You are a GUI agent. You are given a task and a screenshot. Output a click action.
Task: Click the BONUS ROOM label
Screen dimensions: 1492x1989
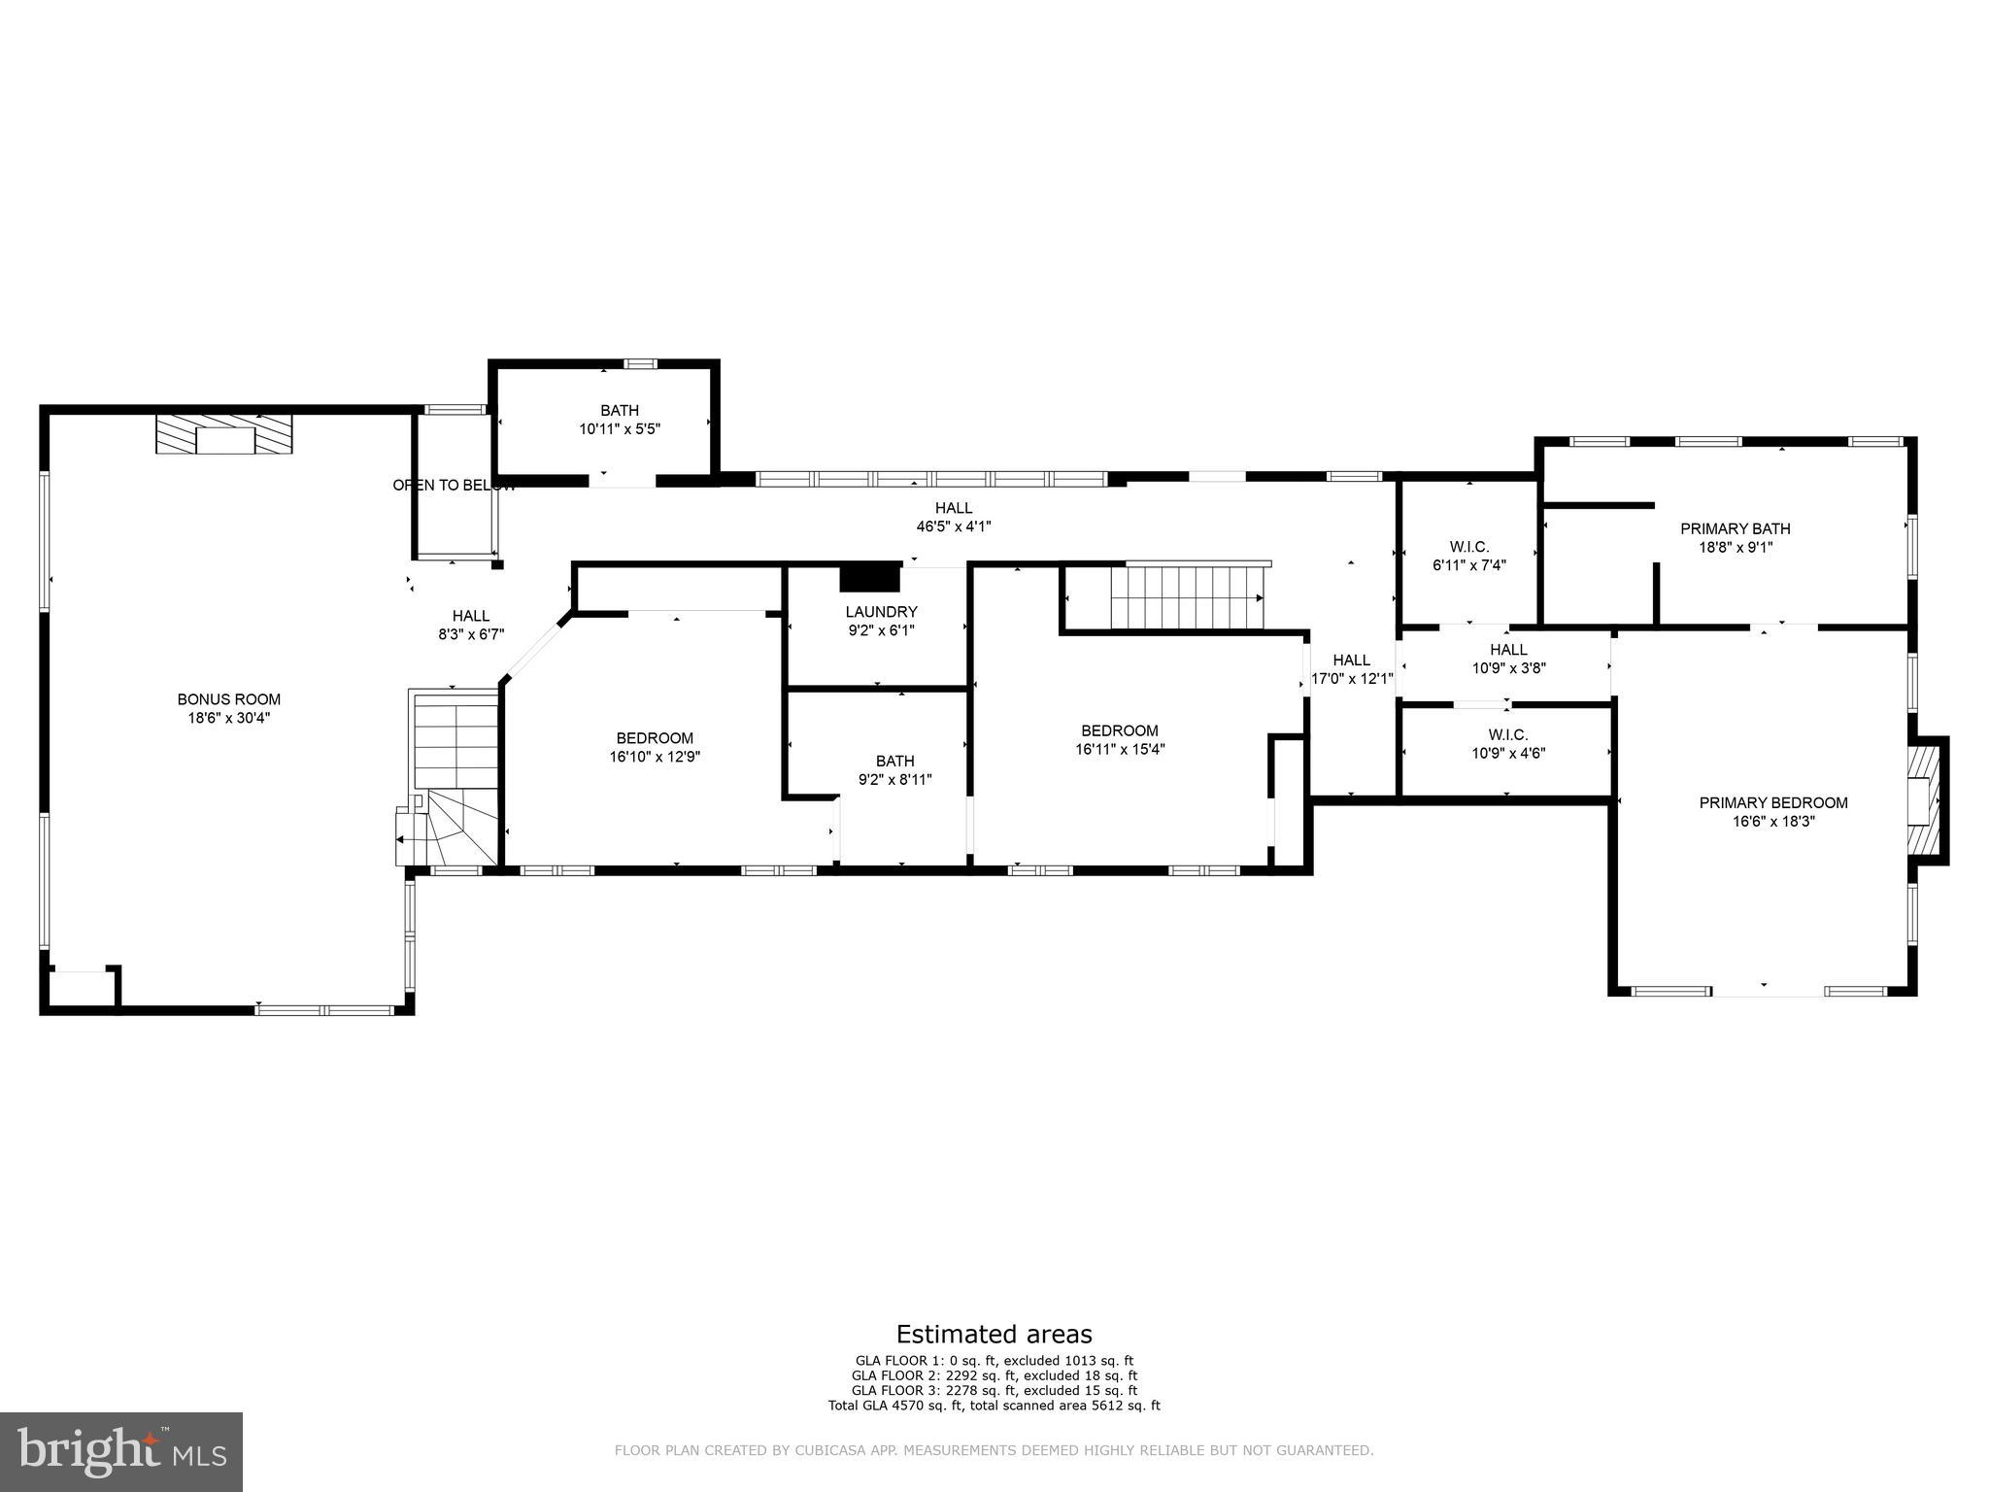click(x=228, y=699)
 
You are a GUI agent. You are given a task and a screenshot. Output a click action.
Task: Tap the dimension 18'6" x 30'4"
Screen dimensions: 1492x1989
click(x=228, y=718)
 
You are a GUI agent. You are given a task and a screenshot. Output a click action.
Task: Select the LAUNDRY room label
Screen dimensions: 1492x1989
click(x=881, y=612)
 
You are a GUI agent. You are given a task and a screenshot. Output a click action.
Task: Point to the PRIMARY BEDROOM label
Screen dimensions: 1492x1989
click(x=1772, y=802)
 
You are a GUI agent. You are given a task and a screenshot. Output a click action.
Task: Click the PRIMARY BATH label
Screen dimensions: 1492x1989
click(x=1735, y=528)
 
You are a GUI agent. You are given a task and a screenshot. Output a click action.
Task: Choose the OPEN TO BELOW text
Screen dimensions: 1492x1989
click(x=454, y=485)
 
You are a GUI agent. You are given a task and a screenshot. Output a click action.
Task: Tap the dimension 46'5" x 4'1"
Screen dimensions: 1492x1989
click(x=953, y=526)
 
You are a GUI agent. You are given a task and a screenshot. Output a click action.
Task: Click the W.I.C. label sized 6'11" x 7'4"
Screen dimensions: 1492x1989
click(x=1468, y=547)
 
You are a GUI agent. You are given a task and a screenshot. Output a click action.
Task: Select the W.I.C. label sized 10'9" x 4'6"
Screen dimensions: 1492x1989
click(x=1507, y=734)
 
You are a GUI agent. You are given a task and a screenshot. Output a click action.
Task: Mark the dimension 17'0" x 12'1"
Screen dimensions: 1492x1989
click(x=1352, y=679)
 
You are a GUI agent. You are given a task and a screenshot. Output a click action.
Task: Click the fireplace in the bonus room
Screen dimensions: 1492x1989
click(x=224, y=434)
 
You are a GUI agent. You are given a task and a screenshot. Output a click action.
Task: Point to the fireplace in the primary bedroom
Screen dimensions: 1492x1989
click(x=1922, y=800)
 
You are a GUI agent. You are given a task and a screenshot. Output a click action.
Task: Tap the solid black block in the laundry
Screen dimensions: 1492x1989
click(x=870, y=577)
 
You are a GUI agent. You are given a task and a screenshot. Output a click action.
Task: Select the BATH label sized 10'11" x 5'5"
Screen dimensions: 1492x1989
click(x=619, y=411)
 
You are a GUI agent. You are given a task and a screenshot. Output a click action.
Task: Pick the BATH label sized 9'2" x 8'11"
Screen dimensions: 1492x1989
click(x=894, y=761)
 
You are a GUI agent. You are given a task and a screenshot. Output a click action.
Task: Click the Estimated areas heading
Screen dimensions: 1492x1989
click(x=994, y=1334)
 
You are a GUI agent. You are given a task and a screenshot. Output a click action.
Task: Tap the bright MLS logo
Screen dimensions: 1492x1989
click(x=121, y=1452)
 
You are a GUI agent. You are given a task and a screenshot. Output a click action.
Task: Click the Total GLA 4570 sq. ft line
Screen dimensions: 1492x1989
click(x=994, y=1406)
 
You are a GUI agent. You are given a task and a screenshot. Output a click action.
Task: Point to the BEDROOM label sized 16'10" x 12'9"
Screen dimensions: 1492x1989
click(x=655, y=738)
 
